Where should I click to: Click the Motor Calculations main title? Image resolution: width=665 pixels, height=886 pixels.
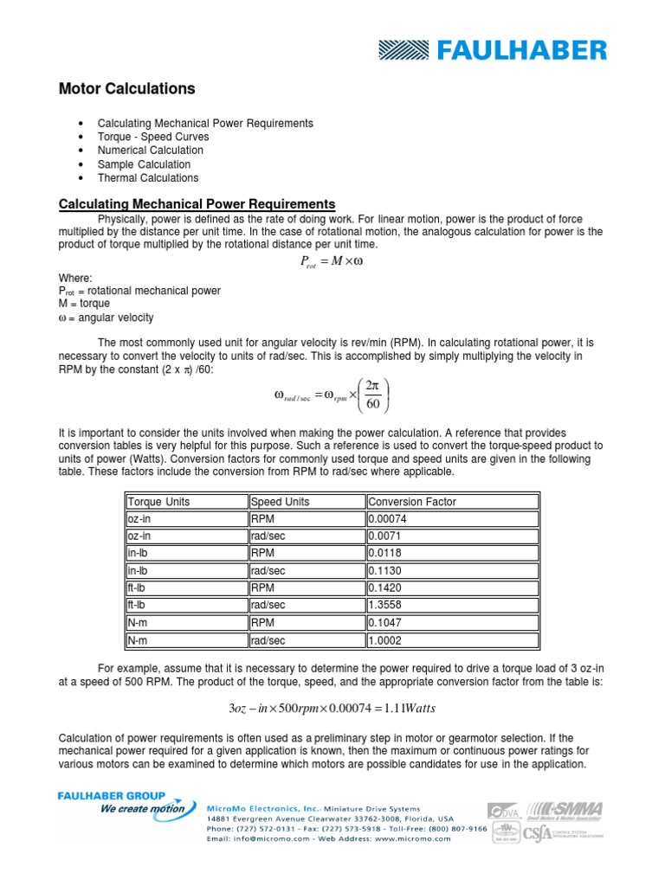(x=126, y=89)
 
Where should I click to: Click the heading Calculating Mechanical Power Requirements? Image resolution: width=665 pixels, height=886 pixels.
(x=197, y=204)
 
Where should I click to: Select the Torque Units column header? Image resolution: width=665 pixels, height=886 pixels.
(x=159, y=502)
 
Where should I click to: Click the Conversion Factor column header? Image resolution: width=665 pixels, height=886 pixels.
(x=412, y=502)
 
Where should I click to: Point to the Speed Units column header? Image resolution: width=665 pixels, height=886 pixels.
(x=280, y=502)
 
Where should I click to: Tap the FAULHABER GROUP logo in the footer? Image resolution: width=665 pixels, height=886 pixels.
(x=123, y=802)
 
